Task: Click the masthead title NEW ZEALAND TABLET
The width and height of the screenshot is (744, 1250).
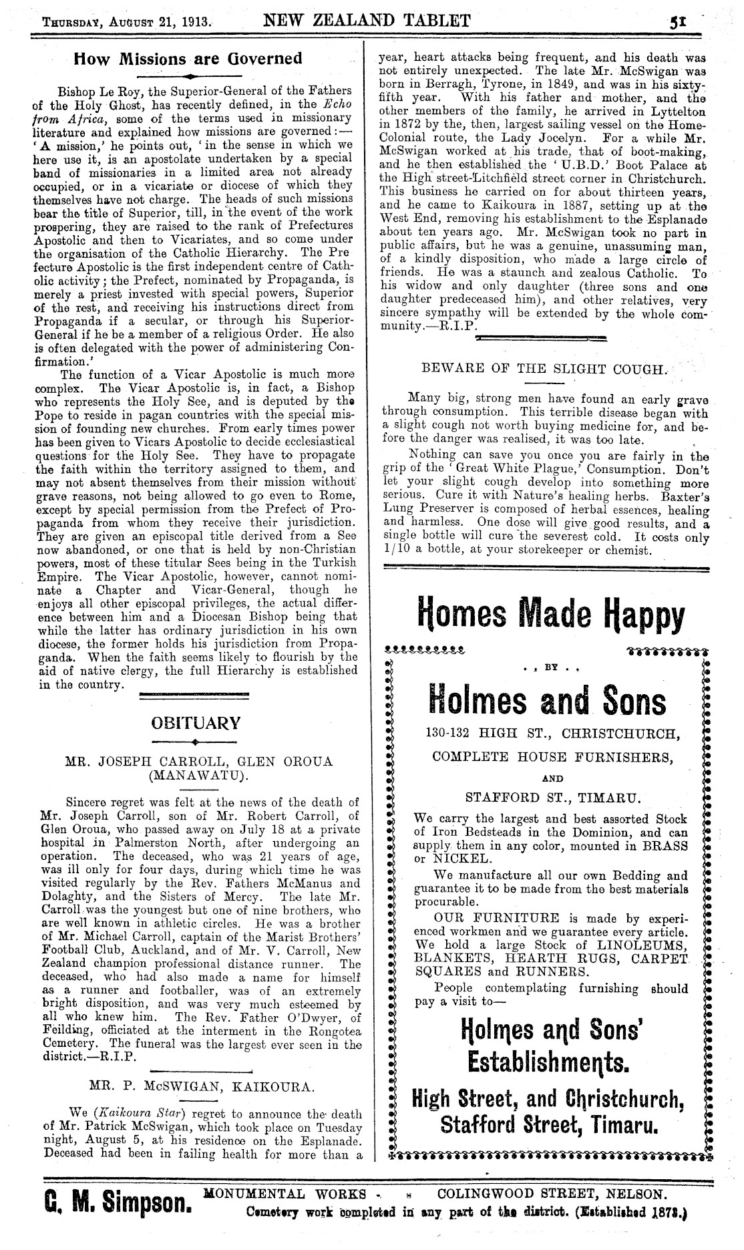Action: tap(367, 19)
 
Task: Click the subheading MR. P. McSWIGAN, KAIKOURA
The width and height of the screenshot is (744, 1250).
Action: tap(200, 1087)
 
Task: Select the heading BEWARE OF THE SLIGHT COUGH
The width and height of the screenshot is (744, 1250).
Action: tap(544, 368)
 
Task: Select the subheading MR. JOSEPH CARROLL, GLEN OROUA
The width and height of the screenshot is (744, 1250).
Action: tap(198, 761)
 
